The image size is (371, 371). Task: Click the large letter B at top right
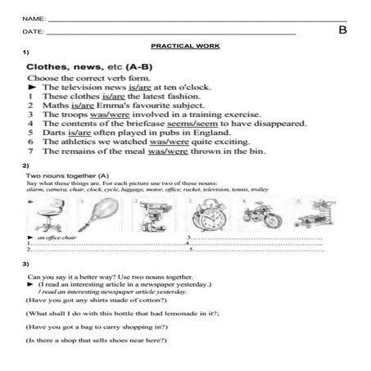(342, 31)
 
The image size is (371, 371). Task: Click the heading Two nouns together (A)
(68, 175)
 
